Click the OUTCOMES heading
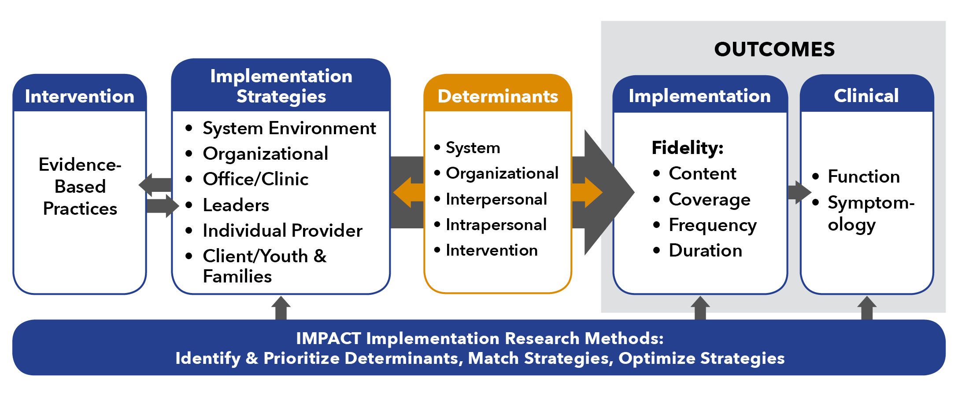point(774,49)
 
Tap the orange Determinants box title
point(498,96)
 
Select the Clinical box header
point(866,95)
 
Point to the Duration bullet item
point(705,250)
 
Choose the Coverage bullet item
point(710,200)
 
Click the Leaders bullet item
point(236,205)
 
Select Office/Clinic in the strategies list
point(255,179)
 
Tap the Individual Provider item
point(282,231)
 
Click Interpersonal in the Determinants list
point(496,199)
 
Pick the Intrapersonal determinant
point(496,225)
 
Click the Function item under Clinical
point(864,176)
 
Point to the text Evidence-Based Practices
point(80,187)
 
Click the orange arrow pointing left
point(409,192)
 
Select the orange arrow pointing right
point(587,192)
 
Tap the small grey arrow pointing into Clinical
point(799,192)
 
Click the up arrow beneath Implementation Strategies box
point(281,308)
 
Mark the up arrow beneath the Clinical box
point(867,308)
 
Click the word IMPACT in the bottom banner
point(329,338)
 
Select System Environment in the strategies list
point(289,128)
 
